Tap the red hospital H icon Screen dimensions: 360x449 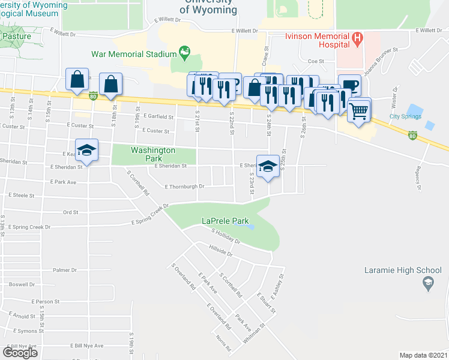tap(358, 39)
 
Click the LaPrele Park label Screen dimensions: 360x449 tap(225, 221)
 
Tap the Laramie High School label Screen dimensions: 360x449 tap(403, 270)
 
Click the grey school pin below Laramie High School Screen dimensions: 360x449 tap(428, 283)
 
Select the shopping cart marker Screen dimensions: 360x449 tap(359, 110)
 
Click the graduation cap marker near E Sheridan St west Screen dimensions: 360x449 tap(86, 150)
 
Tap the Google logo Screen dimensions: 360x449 tap(20, 352)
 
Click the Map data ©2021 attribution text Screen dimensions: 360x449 tap(423, 355)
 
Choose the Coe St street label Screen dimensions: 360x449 tap(316, 61)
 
